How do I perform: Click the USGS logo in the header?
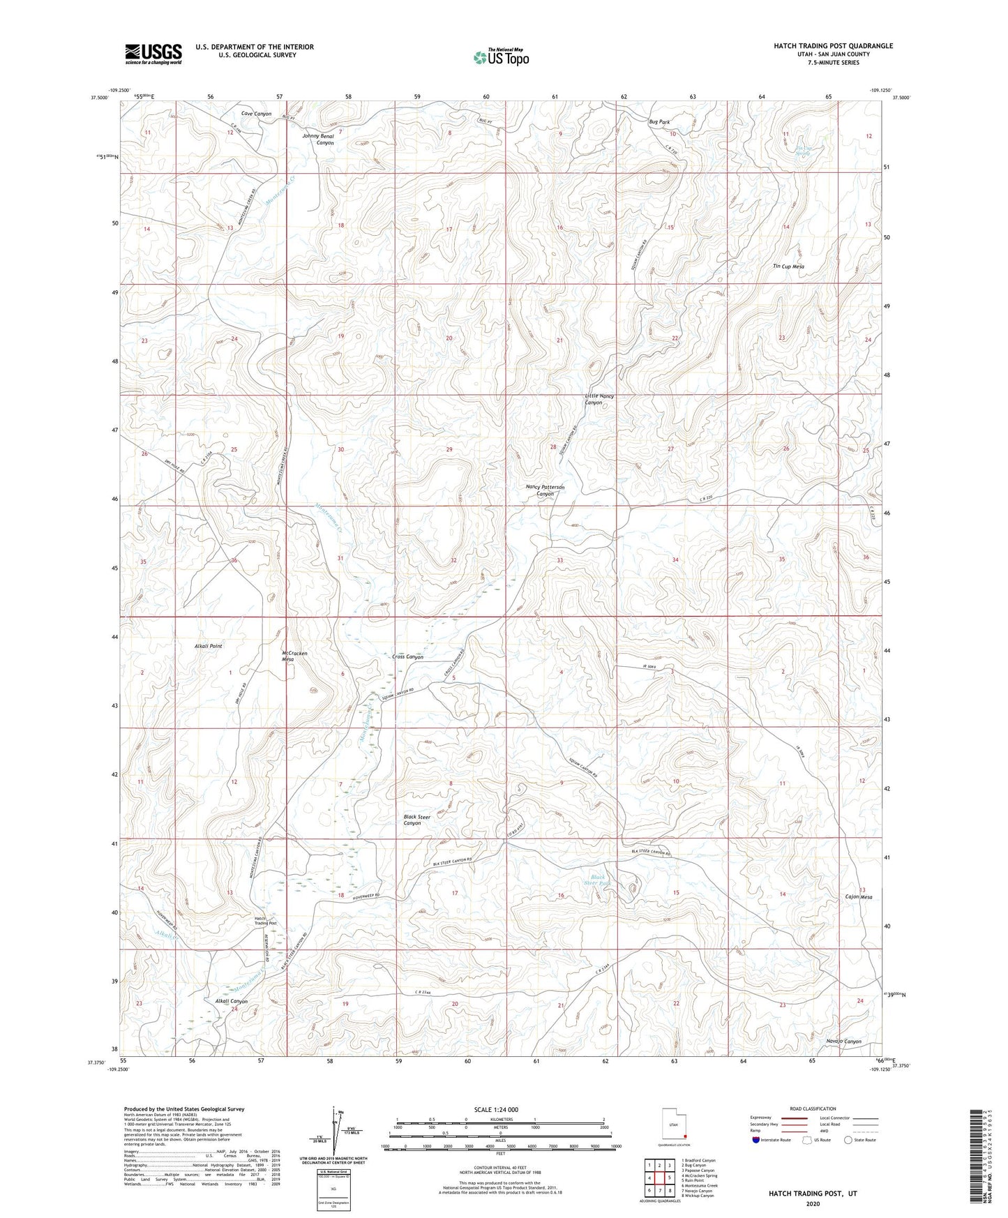coord(153,53)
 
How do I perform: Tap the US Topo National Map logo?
coord(500,57)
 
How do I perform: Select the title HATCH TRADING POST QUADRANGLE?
coord(833,46)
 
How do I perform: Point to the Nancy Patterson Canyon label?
coord(545,490)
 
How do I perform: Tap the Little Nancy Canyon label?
coord(599,399)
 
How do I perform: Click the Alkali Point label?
coord(208,646)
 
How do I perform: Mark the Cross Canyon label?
coord(407,657)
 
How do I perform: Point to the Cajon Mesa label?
coord(859,897)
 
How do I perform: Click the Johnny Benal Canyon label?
coord(317,140)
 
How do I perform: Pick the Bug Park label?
coord(659,121)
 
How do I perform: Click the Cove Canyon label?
coord(256,114)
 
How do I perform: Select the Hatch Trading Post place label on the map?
coord(265,921)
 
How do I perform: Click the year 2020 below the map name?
coord(812,1204)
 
